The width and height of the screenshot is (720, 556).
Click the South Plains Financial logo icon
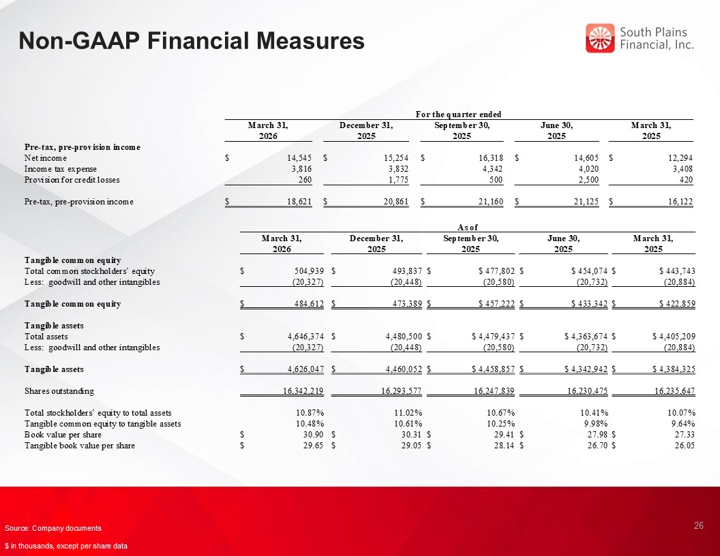click(600, 38)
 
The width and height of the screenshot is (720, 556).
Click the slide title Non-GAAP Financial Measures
click(191, 42)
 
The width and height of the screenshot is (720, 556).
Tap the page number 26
click(698, 525)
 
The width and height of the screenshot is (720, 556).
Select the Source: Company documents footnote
click(52, 529)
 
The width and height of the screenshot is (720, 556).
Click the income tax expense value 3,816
click(301, 169)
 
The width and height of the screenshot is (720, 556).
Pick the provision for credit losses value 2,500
click(585, 180)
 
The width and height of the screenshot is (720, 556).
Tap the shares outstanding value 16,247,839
click(487, 391)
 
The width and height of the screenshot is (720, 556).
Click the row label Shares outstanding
click(59, 391)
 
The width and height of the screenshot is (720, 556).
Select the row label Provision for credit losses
click(72, 180)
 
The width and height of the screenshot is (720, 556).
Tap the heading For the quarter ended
click(459, 113)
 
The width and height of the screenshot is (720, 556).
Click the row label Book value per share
click(63, 435)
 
